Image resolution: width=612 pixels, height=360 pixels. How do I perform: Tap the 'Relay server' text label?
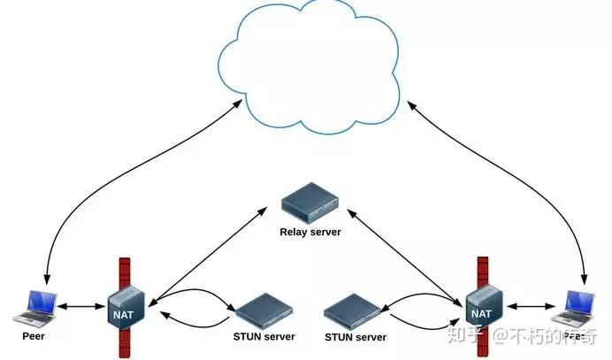(x=310, y=233)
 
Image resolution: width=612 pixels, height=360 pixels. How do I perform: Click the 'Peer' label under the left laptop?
(x=33, y=337)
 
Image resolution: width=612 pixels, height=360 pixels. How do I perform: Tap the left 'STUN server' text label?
(x=264, y=337)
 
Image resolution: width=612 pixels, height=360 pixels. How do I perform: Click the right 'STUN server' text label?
(x=356, y=337)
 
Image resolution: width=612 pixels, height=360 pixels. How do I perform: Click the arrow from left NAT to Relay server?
(x=208, y=252)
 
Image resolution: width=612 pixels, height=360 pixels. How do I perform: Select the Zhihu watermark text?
(x=526, y=335)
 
